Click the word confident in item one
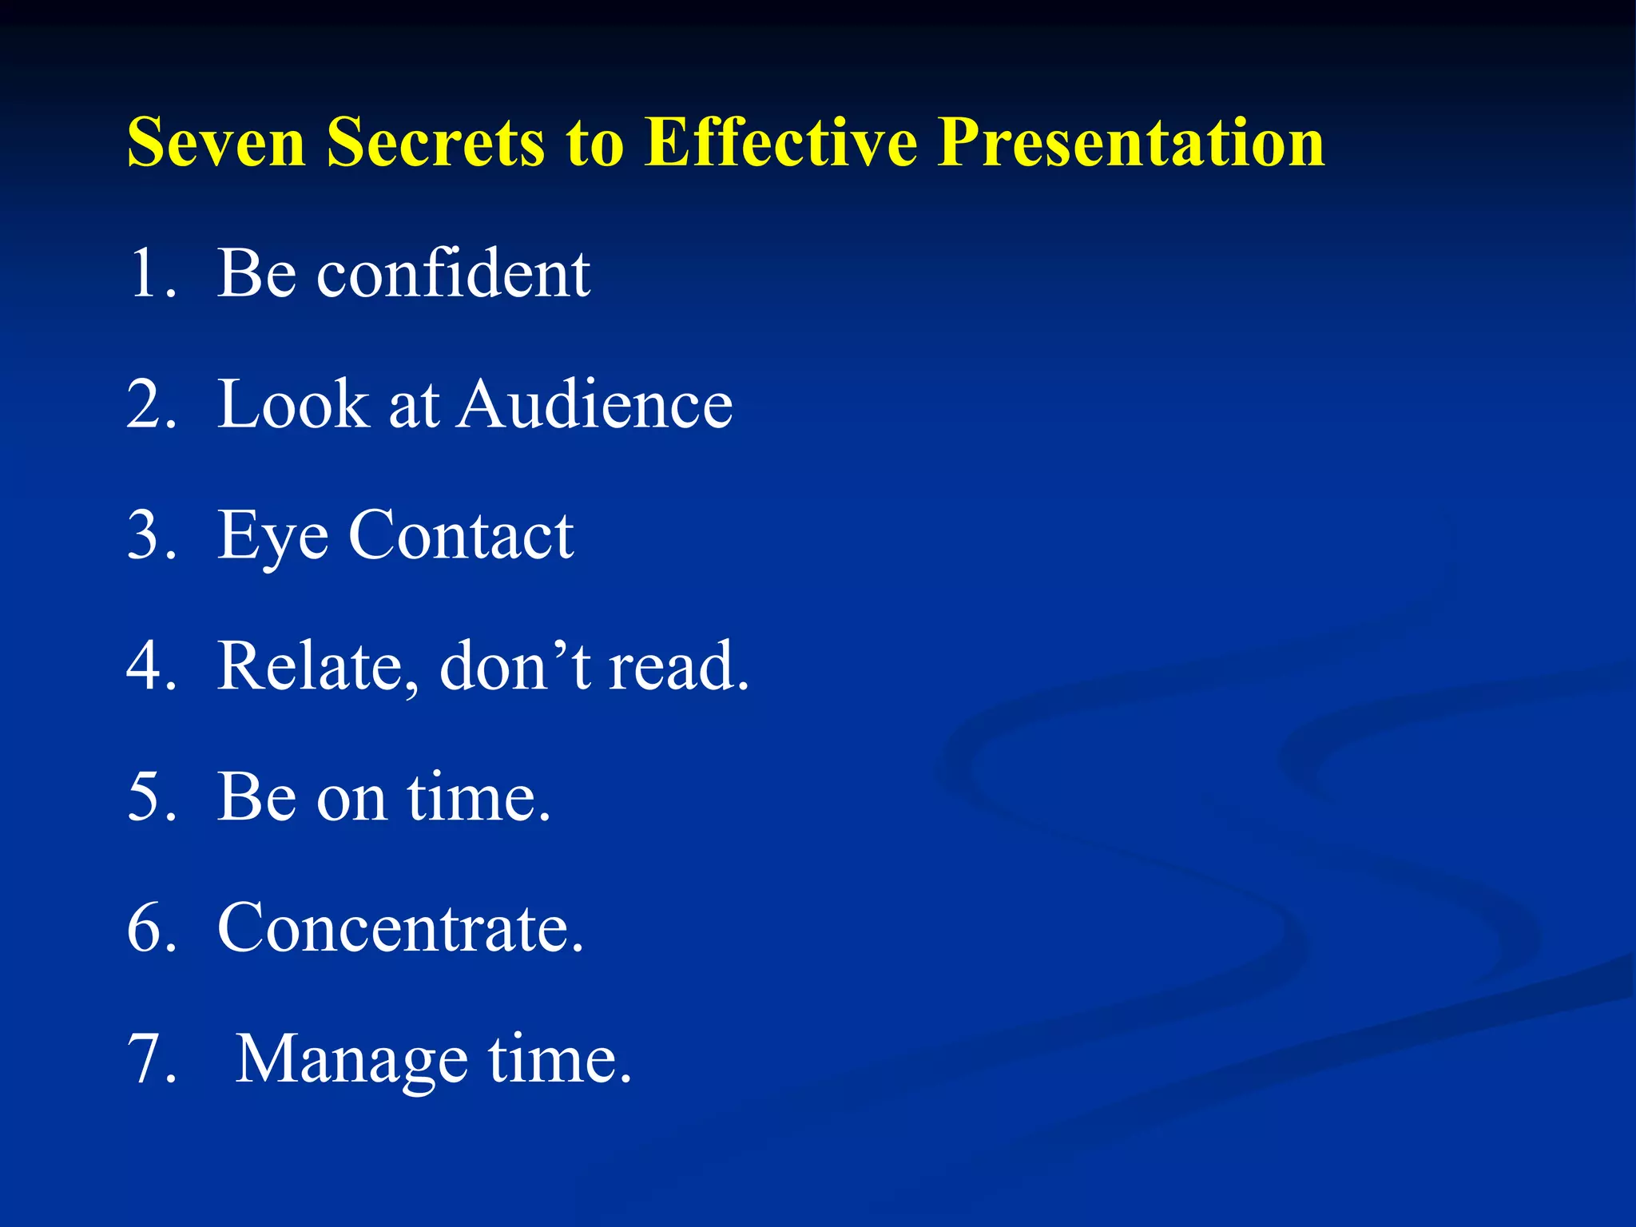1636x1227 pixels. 453,273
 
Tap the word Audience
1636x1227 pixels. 595,404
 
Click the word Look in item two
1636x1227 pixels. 294,404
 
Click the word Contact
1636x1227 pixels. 461,535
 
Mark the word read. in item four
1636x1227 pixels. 679,666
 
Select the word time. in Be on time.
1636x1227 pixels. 479,797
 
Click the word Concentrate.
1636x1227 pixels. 400,928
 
